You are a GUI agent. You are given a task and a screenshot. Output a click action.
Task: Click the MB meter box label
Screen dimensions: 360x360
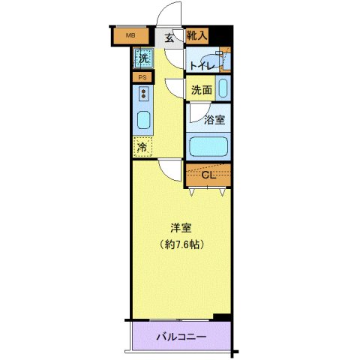coord(130,35)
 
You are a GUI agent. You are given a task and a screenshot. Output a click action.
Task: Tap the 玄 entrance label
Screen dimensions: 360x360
coord(169,37)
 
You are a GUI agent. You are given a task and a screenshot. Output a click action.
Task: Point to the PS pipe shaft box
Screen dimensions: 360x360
coord(142,77)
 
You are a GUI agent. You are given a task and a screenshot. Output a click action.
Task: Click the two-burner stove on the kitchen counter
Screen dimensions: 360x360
coord(142,94)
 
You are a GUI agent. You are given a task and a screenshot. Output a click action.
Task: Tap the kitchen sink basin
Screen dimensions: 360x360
coord(143,120)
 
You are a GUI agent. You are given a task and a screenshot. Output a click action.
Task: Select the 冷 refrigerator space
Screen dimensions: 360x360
coord(142,148)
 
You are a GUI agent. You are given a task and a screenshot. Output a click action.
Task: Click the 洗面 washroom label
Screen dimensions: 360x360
coord(200,90)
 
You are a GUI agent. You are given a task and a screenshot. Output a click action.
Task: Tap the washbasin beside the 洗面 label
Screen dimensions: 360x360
coord(222,88)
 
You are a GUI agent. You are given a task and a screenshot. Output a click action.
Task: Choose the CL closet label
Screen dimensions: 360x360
coord(208,175)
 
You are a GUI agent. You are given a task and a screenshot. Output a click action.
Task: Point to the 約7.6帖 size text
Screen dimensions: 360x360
coord(182,244)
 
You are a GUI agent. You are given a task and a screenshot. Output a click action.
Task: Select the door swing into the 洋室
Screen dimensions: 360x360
coord(171,171)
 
